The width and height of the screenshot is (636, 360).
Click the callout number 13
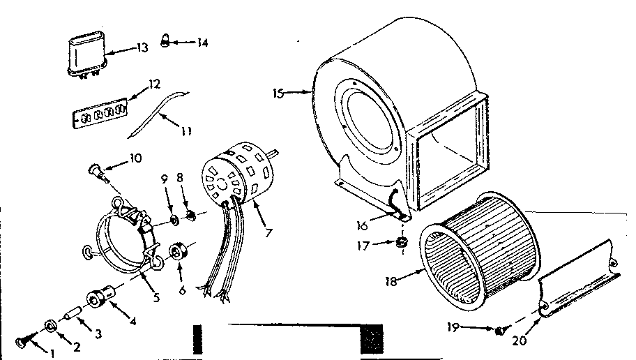[142, 47]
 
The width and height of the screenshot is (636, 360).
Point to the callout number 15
[278, 93]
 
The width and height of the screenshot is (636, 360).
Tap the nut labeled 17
[402, 243]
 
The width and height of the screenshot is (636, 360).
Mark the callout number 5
[156, 297]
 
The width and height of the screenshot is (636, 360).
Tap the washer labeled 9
[173, 221]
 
